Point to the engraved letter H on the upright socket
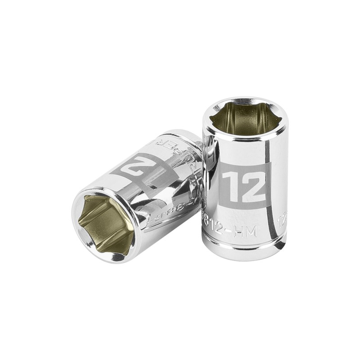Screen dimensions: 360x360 pos(245,232)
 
